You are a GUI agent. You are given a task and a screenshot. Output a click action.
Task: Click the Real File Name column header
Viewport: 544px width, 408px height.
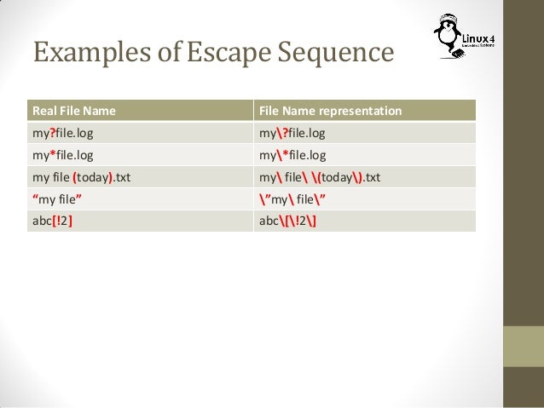coord(74,112)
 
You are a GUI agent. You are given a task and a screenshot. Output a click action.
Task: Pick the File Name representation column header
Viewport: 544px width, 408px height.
coord(330,112)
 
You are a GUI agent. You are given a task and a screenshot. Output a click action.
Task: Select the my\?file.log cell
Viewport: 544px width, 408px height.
coord(292,134)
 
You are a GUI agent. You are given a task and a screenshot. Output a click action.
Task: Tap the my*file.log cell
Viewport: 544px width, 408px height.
coord(63,156)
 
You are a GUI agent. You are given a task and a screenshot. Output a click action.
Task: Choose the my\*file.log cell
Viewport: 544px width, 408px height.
coord(292,156)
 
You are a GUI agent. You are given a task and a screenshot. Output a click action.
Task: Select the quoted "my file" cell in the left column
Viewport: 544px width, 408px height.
coord(58,200)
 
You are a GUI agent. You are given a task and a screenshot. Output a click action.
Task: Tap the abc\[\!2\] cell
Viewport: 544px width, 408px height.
coord(289,222)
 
